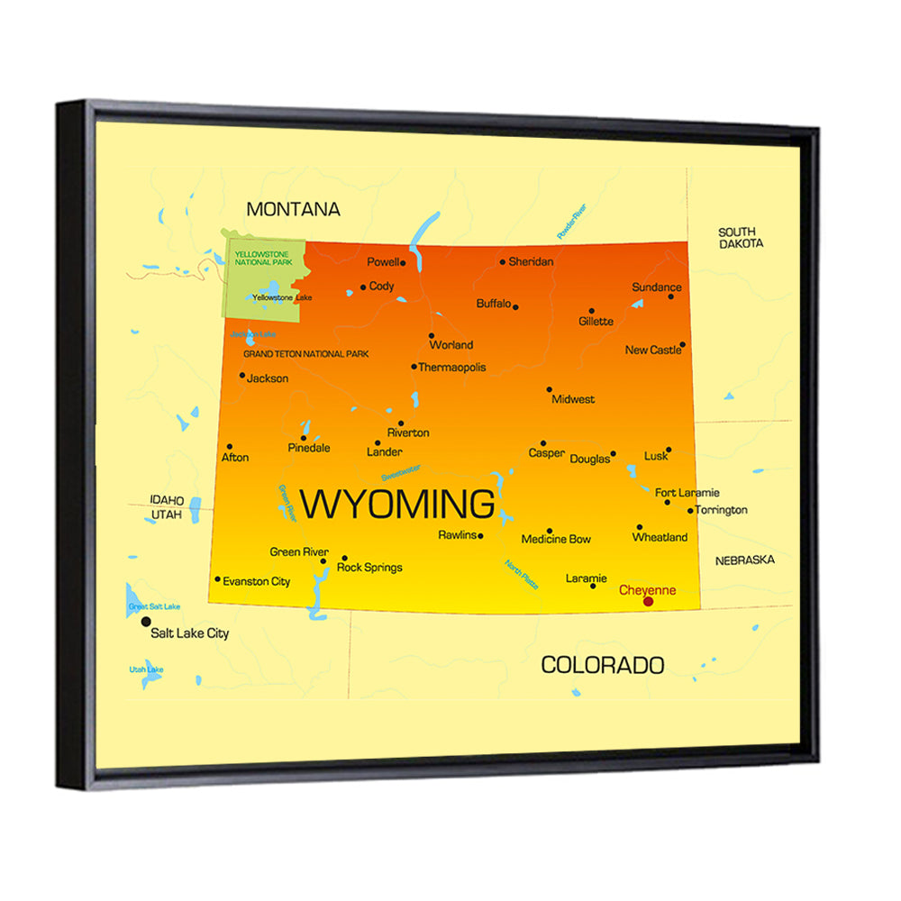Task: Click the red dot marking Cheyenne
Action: (x=648, y=601)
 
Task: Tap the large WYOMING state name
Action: (x=396, y=505)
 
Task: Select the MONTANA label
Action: (x=294, y=209)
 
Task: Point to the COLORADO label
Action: (x=602, y=666)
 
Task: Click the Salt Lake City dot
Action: (x=147, y=622)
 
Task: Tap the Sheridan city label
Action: (x=531, y=262)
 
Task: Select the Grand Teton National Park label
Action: (x=305, y=355)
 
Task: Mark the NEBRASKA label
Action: (x=744, y=560)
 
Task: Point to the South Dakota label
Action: (x=741, y=238)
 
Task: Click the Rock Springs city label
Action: (x=369, y=568)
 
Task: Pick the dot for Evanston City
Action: (x=217, y=579)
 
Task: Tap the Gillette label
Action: (x=596, y=322)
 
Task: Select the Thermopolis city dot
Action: (x=414, y=367)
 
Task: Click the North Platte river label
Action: (x=522, y=574)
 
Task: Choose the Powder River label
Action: (x=571, y=221)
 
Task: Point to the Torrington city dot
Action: (x=691, y=511)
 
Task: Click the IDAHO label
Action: (x=168, y=500)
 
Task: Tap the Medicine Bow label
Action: (x=556, y=540)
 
